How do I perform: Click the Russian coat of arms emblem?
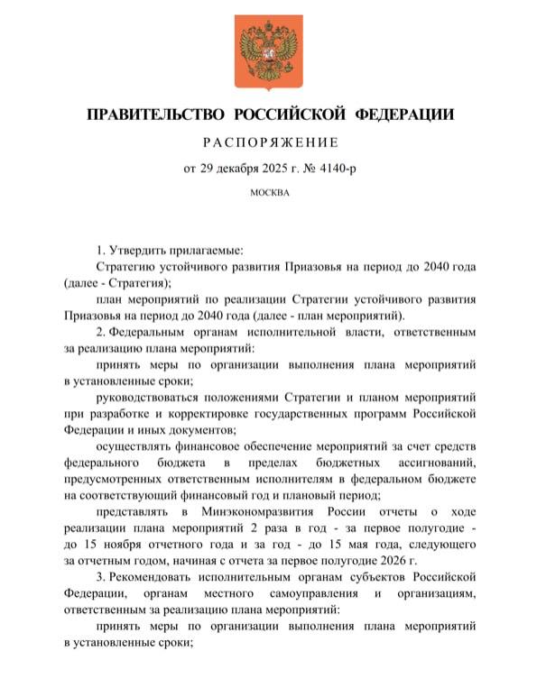point(268,51)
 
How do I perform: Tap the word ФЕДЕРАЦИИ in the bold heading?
point(404,115)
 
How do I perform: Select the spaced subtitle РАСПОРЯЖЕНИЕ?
point(268,142)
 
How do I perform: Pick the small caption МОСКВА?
point(268,192)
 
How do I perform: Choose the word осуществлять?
point(137,447)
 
